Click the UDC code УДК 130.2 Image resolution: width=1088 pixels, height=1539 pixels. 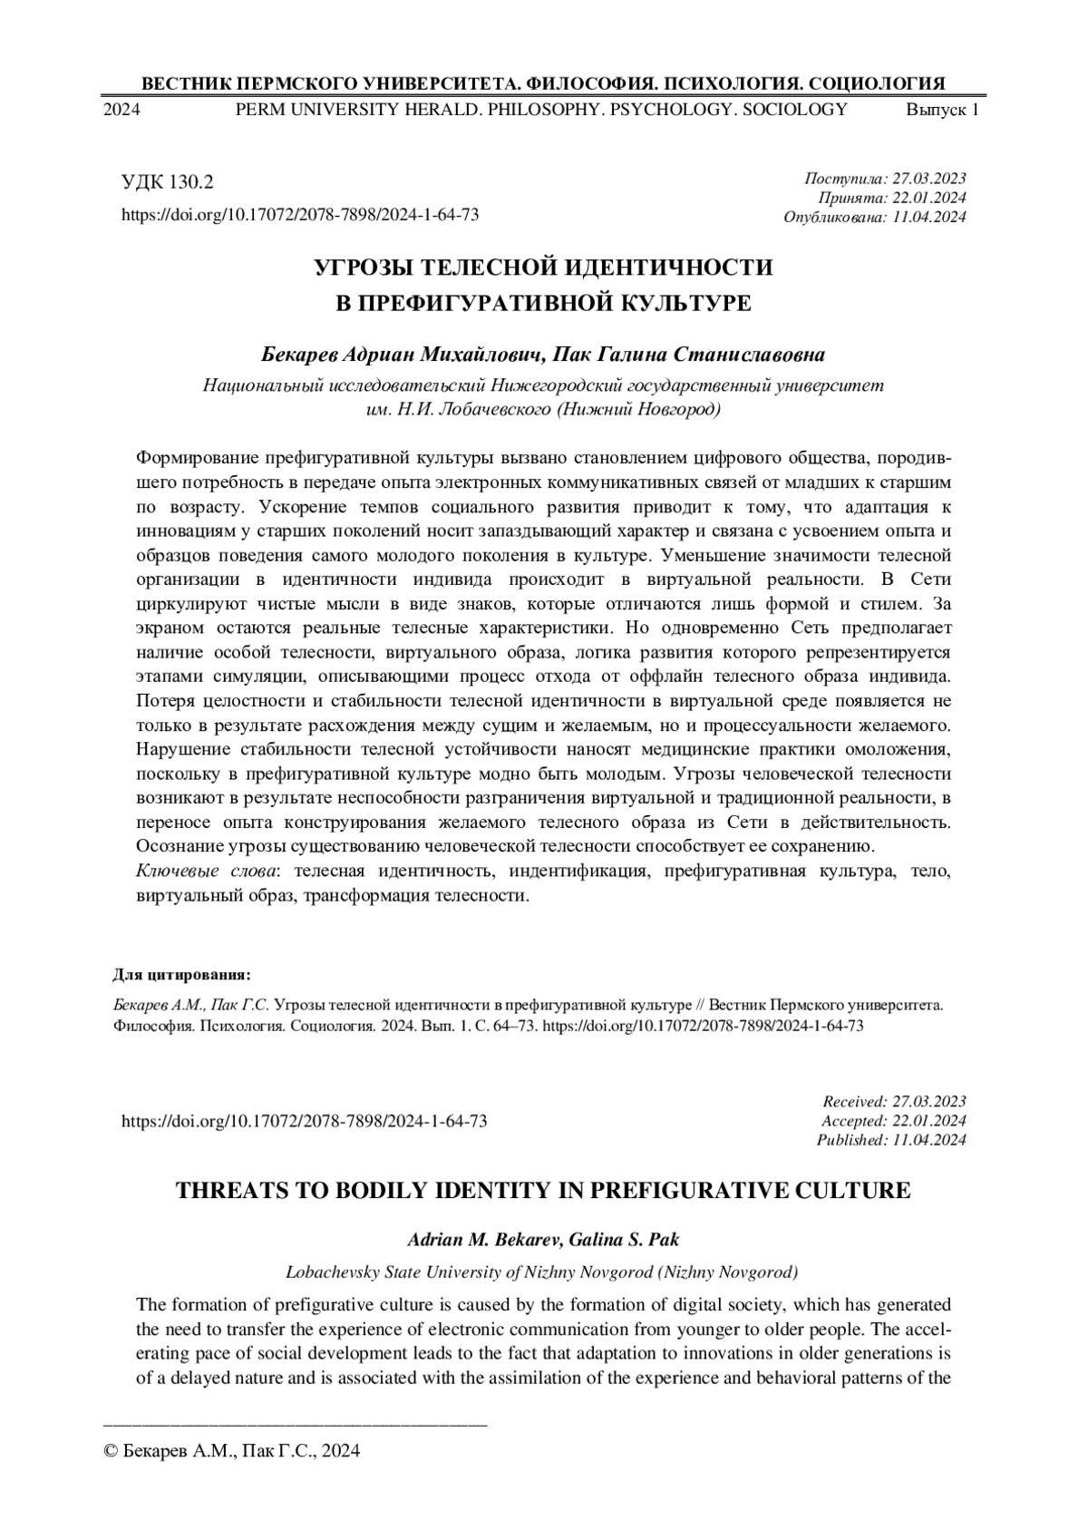[x=168, y=182]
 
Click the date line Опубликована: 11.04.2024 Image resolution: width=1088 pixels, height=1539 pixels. [x=874, y=217]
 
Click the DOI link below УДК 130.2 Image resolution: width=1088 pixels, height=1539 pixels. [x=300, y=215]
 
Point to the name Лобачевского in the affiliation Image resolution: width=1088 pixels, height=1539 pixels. [x=494, y=409]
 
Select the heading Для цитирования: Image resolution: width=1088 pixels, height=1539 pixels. [x=181, y=975]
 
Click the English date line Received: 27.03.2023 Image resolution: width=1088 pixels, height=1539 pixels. [x=894, y=1102]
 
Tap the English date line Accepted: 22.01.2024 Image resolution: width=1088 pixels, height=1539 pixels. [x=893, y=1121]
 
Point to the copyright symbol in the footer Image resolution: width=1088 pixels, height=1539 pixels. [x=112, y=1452]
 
